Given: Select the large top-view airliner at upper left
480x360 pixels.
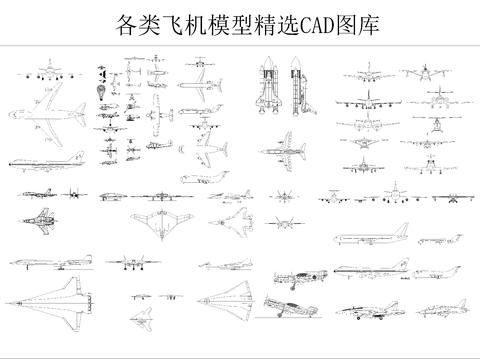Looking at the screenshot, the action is click(52, 121).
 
